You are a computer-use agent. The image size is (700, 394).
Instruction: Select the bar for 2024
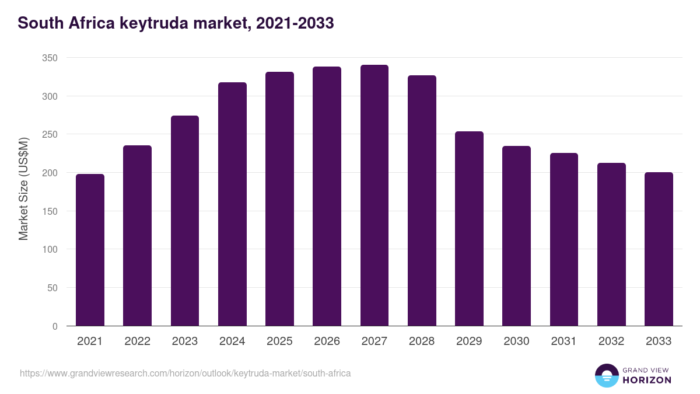232,204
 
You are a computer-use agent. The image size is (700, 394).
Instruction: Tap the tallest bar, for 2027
374,196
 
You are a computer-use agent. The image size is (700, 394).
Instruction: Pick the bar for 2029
469,229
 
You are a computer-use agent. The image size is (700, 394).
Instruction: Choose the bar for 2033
659,249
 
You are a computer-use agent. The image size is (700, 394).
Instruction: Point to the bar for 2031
564,239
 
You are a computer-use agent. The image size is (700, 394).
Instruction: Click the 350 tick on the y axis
50,58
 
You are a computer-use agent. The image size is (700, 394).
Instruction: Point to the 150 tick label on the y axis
50,211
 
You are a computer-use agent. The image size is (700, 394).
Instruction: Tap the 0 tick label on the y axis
55,326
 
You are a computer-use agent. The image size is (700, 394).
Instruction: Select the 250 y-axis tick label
50,135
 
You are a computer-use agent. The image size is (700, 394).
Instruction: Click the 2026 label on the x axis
327,341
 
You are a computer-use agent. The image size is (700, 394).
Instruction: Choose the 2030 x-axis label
516,341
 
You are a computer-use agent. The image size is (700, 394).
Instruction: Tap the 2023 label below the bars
184,341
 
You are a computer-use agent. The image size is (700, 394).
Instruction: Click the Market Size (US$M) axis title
23,189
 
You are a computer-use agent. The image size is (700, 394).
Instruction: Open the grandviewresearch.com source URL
185,373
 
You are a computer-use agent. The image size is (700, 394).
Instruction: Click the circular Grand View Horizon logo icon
606,375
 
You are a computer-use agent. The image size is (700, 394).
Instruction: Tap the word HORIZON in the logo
647,380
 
